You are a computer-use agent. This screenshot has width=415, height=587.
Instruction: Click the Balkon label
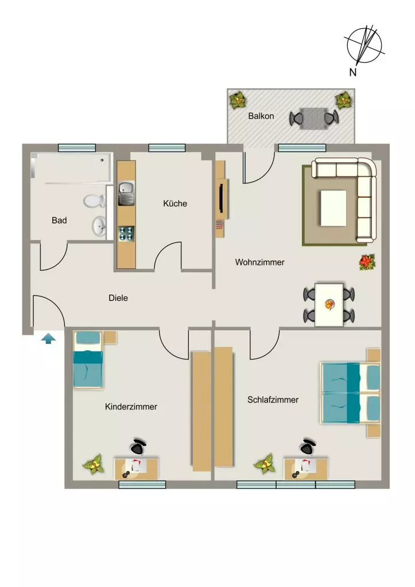[x=261, y=116]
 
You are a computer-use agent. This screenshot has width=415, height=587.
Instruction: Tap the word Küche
[x=175, y=204]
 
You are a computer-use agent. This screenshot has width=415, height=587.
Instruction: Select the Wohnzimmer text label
[x=260, y=262]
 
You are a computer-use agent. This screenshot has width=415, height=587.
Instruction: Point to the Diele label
[x=118, y=298]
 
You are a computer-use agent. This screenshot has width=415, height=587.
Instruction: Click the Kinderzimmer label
[x=131, y=406]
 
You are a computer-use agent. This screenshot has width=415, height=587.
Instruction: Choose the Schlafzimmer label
[x=273, y=400]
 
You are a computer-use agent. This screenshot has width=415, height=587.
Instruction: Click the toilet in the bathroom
[x=94, y=201]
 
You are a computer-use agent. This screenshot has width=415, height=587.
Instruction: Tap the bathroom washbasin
[x=99, y=226]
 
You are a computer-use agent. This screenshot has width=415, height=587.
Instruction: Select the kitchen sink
[x=126, y=193]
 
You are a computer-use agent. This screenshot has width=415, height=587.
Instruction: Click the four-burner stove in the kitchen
[x=126, y=234]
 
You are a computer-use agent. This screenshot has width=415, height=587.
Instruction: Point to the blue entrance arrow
[x=48, y=339]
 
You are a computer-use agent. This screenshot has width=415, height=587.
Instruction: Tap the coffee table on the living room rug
[x=333, y=208]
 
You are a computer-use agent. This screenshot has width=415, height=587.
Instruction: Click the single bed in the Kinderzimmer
[x=88, y=360]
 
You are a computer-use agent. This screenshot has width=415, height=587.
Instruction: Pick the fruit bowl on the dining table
[x=329, y=305]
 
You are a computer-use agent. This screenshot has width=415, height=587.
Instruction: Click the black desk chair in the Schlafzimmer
[x=309, y=445]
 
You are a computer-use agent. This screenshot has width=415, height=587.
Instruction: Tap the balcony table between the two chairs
[x=313, y=119]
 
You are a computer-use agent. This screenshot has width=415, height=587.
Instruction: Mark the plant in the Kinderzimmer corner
[x=94, y=464]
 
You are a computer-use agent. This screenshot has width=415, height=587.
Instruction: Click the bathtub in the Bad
[x=72, y=168]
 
